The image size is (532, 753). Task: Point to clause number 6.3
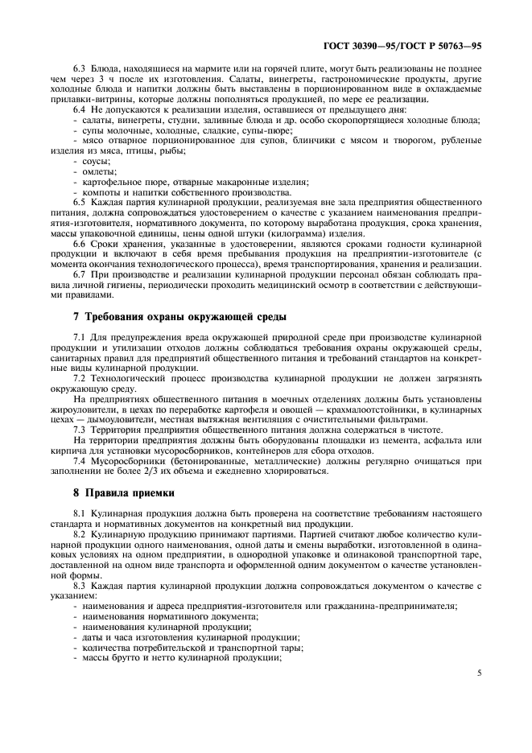click(80, 70)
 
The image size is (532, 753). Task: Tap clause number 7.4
click(80, 462)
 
